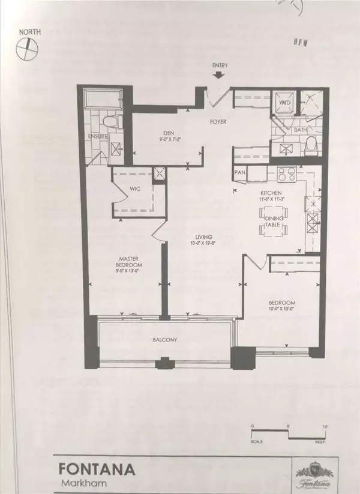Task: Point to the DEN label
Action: (x=160, y=135)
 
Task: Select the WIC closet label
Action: (x=135, y=188)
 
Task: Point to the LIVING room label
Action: (x=195, y=236)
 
